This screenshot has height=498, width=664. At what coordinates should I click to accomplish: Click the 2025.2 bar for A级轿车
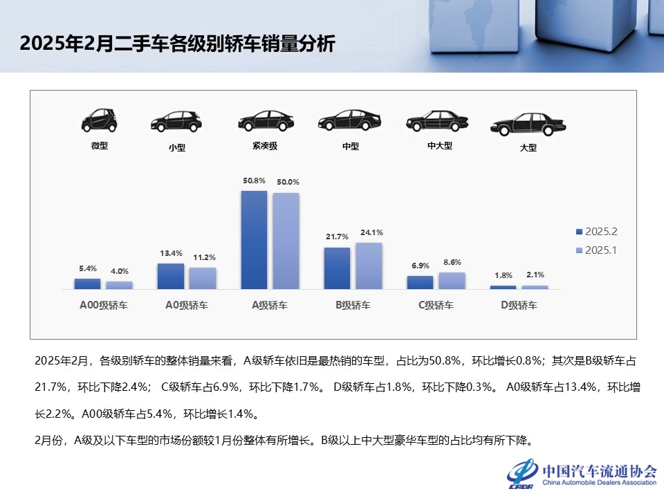(x=254, y=239)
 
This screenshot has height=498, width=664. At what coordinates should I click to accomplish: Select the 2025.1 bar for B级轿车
(x=369, y=266)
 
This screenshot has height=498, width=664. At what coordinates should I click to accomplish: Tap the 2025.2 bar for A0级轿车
(x=171, y=276)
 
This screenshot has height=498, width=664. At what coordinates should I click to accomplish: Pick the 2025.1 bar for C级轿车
(x=452, y=280)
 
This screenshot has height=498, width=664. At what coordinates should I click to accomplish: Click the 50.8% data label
(x=254, y=181)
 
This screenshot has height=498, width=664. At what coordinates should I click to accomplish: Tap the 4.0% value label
(x=120, y=271)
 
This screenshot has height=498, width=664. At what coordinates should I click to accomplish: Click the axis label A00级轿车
(x=104, y=305)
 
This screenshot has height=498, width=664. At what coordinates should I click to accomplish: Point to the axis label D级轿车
(x=519, y=305)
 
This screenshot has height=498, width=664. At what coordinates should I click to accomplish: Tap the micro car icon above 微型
(x=100, y=120)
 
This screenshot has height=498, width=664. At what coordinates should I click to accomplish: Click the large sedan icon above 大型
(x=528, y=124)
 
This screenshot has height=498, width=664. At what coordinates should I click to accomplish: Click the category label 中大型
(x=440, y=146)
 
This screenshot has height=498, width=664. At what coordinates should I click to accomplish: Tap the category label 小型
(x=177, y=147)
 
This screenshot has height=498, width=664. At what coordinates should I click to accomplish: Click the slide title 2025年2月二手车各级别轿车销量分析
(x=177, y=44)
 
